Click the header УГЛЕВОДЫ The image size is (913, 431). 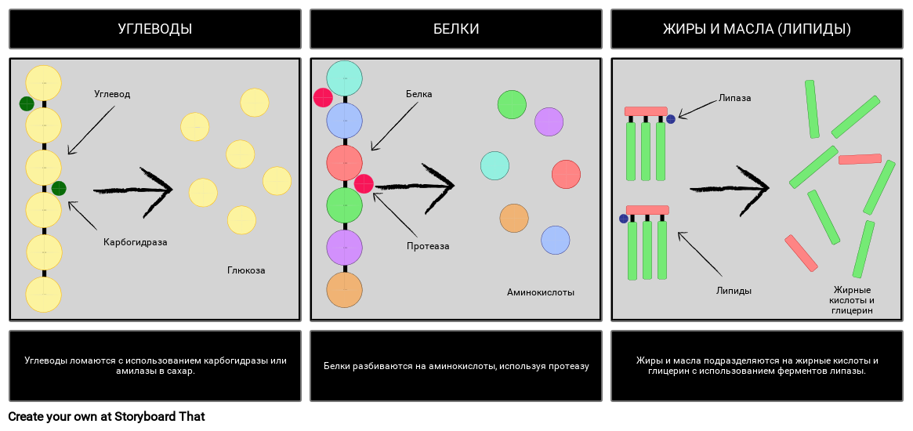click(x=155, y=29)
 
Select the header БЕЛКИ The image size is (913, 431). click(x=456, y=29)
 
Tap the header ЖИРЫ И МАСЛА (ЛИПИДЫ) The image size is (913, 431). click(x=756, y=29)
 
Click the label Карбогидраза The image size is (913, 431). click(x=135, y=242)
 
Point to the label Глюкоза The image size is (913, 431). click(x=246, y=270)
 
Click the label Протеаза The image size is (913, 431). click(x=428, y=246)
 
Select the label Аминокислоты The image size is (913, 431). click(x=540, y=292)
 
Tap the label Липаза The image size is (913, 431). click(x=734, y=98)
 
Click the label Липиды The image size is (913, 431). click(x=734, y=291)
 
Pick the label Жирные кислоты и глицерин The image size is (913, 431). click(x=852, y=300)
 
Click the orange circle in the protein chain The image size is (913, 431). click(x=344, y=290)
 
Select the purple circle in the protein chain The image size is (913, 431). click(x=344, y=248)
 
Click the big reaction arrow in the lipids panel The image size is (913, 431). click(x=730, y=189)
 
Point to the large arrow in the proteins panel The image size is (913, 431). click(x=415, y=187)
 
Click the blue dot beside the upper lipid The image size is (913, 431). click(x=671, y=119)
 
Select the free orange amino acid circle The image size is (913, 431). click(x=514, y=218)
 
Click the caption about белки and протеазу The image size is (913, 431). click(x=456, y=366)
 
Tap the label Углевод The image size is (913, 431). click(x=112, y=94)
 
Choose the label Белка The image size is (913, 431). click(x=418, y=94)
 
